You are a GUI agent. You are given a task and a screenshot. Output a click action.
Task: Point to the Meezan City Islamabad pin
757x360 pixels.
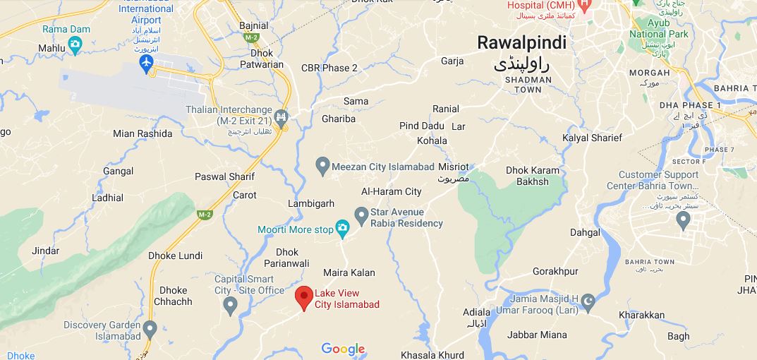(322, 167)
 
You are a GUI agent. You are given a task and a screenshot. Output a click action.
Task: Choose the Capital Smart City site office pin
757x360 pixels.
(229, 306)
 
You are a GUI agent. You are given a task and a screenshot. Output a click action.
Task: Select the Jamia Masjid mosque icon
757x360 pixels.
(588, 303)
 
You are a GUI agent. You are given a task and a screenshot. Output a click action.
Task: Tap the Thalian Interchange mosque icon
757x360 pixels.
(281, 116)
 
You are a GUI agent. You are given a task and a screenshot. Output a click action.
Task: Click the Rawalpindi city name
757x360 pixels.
(521, 42)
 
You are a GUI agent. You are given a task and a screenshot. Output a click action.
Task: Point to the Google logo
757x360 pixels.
(344, 349)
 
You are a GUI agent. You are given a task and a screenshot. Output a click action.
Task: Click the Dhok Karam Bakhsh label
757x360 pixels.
(533, 176)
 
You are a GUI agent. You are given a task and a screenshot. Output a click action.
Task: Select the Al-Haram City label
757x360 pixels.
(391, 191)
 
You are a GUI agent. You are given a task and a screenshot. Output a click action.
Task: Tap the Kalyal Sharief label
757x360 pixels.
(593, 138)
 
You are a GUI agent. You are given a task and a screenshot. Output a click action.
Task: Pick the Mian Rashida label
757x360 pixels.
(143, 133)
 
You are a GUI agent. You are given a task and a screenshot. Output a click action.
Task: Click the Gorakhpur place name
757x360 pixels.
(555, 271)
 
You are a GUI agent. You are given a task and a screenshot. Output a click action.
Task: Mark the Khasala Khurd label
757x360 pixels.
(432, 354)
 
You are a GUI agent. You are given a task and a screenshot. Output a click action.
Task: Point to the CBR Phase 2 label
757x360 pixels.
(329, 68)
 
